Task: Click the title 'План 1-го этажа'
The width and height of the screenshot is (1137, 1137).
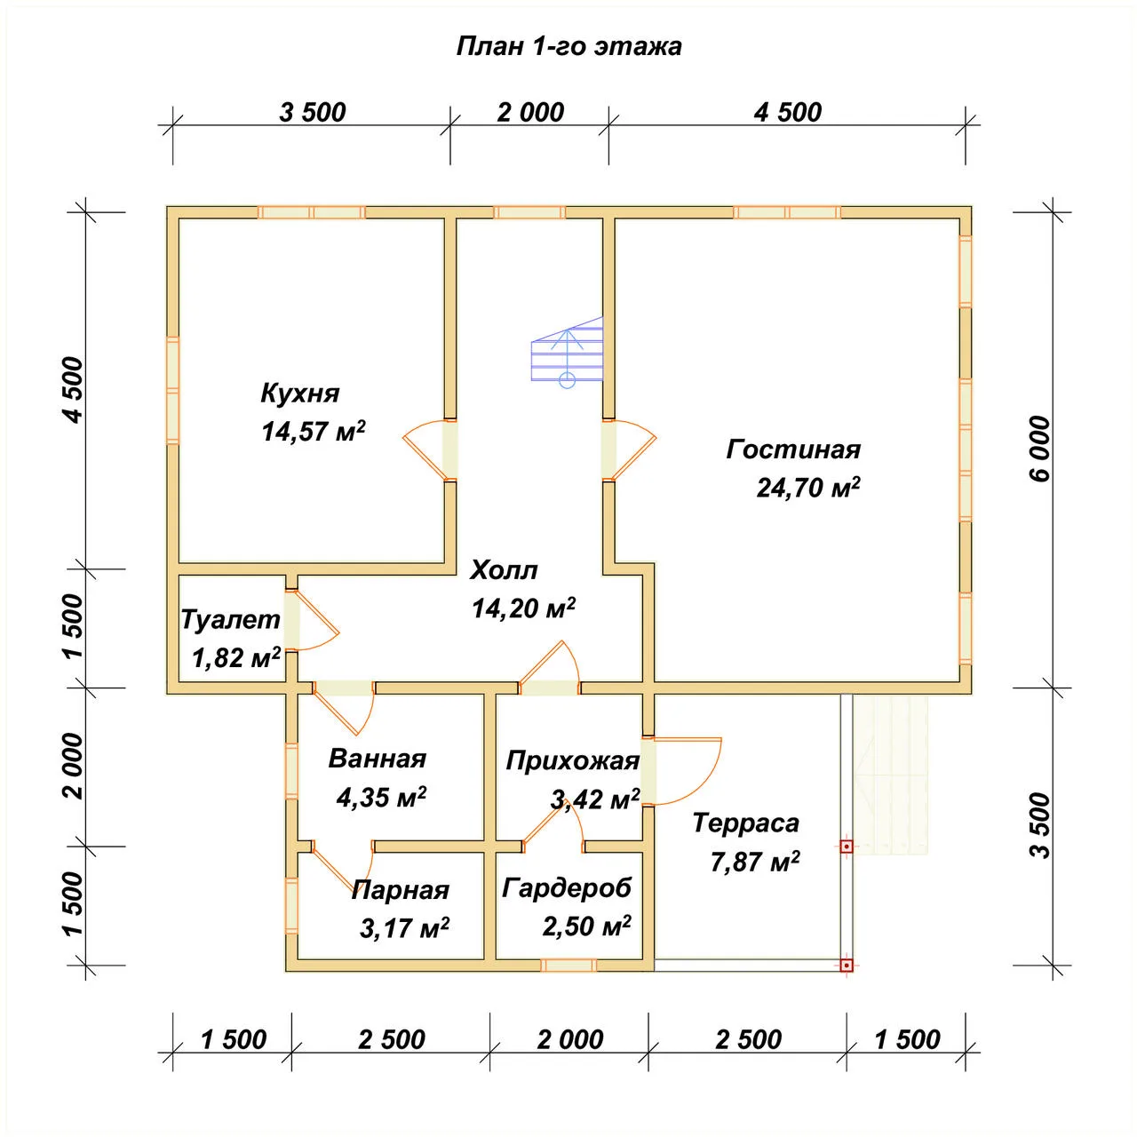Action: click(568, 46)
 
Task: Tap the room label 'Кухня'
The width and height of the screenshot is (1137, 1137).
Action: click(299, 394)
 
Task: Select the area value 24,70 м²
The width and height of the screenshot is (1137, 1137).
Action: click(808, 488)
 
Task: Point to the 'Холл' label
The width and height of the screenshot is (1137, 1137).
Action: click(504, 570)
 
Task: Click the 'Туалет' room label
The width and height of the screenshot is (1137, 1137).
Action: click(230, 619)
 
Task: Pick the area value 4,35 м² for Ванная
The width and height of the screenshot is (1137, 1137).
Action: click(381, 797)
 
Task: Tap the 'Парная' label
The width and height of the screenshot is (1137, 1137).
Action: click(401, 890)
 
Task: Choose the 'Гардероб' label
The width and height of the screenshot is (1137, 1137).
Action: click(567, 888)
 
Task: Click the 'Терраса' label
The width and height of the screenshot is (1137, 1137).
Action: click(746, 823)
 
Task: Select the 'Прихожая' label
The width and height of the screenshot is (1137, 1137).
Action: click(573, 761)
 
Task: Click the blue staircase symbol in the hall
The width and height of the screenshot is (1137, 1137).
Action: click(567, 352)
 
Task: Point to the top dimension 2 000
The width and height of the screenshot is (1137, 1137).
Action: click(530, 112)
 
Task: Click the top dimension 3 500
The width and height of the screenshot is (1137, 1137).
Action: click(312, 112)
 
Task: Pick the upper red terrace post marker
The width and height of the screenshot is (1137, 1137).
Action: click(847, 847)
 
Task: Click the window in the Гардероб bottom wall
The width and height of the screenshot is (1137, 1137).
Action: click(568, 966)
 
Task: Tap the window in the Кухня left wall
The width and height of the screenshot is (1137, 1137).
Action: click(172, 390)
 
